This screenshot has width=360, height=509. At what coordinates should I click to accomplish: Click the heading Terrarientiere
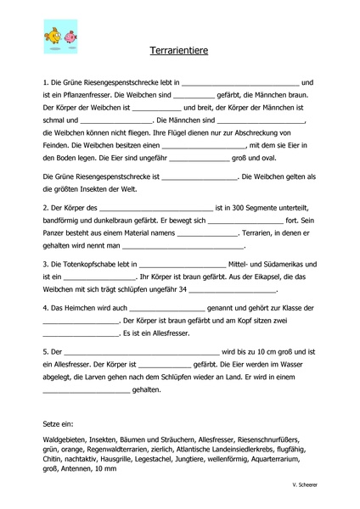[x=178, y=52]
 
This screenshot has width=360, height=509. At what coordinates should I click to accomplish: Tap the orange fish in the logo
[x=53, y=36]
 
